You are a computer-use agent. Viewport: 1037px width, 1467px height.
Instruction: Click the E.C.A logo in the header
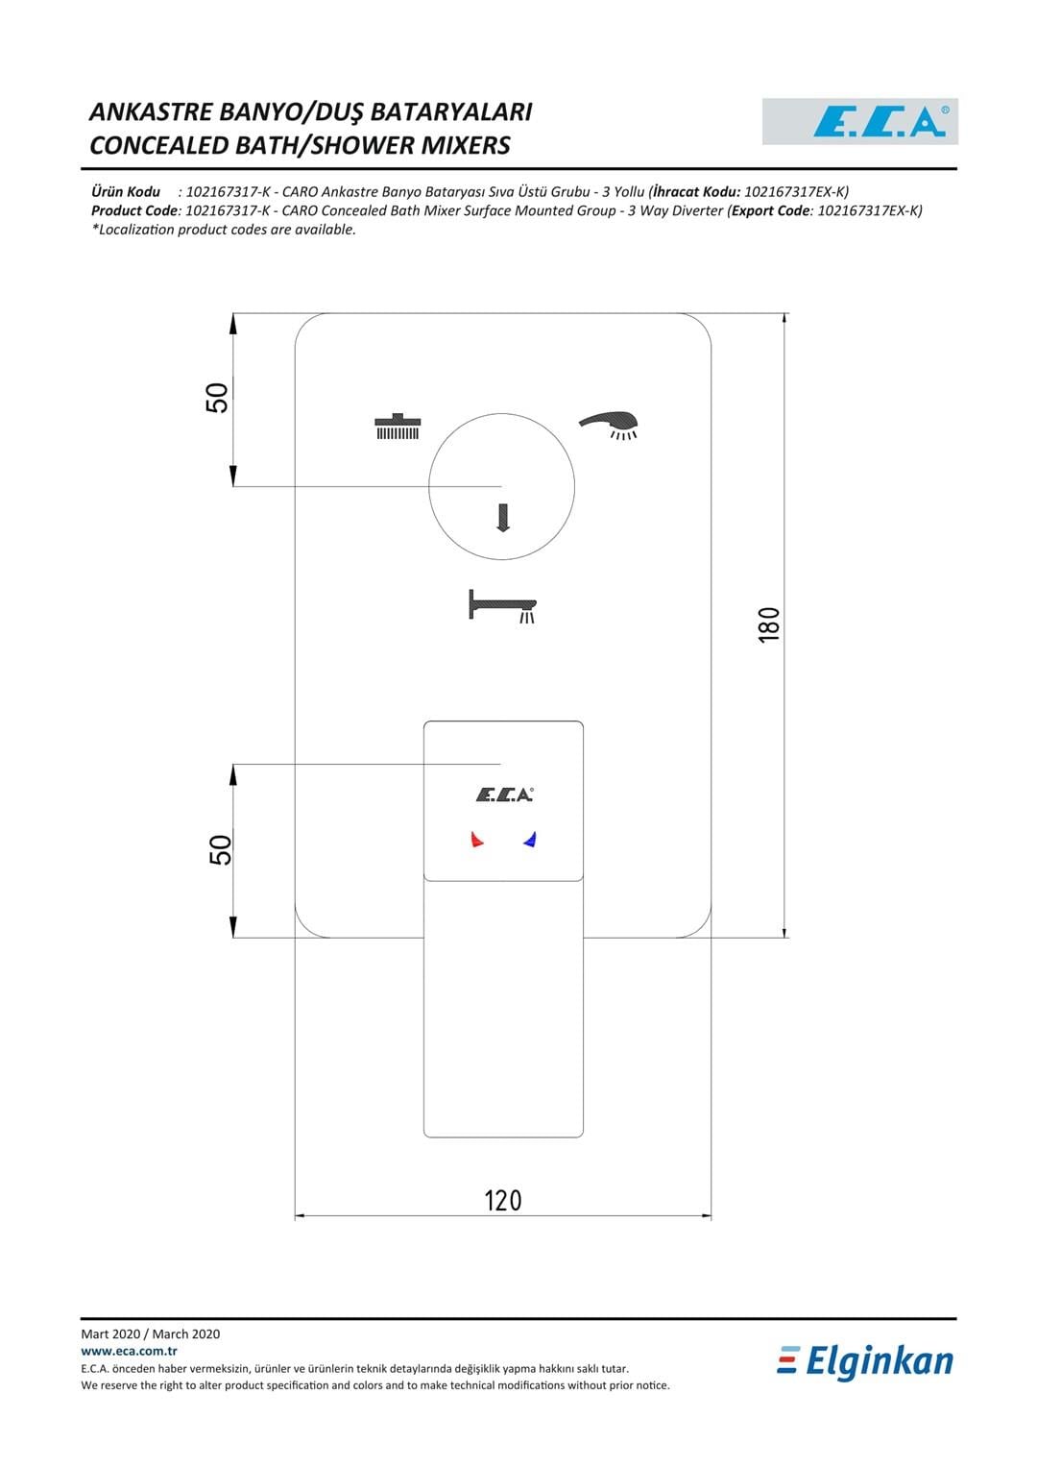pos(859,121)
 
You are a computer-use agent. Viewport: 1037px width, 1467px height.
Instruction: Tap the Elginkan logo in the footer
pos(865,1362)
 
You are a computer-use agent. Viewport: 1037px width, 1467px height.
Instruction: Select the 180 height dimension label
pos(769,624)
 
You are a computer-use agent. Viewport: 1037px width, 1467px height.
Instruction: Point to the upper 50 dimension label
pos(217,398)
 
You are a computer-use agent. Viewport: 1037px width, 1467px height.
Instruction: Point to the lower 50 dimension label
pos(221,850)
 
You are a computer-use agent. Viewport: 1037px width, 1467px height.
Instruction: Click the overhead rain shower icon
pos(398,427)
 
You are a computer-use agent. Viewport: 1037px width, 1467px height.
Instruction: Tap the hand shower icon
pos(608,425)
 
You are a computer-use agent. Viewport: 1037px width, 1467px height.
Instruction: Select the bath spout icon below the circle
pos(503,606)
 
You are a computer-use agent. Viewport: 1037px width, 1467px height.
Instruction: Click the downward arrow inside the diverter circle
pos(503,518)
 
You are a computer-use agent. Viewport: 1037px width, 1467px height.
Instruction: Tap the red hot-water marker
pos(476,840)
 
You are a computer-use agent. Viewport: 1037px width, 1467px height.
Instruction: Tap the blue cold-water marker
pos(530,840)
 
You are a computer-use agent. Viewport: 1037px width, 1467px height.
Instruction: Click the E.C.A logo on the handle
pos(504,795)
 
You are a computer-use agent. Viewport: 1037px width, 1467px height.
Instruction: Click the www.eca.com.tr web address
pos(129,1351)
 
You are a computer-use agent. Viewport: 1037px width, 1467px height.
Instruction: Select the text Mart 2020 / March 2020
pos(151,1333)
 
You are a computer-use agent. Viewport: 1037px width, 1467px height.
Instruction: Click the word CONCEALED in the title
pos(159,145)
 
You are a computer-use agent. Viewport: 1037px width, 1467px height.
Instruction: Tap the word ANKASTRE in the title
pos(151,112)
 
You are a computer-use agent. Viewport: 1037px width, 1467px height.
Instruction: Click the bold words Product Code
pos(134,211)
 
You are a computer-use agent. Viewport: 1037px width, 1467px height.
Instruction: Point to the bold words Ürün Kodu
pos(126,192)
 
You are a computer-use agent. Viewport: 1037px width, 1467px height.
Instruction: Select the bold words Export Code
pos(771,211)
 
